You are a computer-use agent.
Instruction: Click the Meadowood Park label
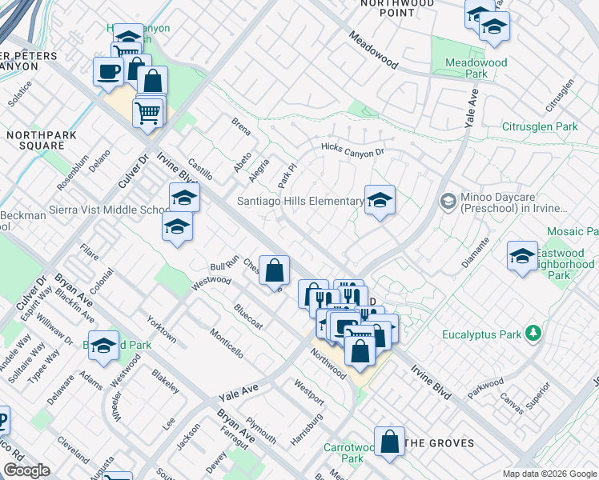465,67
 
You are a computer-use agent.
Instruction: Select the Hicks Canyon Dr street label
352,150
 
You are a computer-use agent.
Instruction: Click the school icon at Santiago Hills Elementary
380,200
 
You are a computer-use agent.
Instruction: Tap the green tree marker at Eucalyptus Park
532,334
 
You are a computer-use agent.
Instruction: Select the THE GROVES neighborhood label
440,443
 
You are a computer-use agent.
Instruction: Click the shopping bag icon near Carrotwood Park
389,442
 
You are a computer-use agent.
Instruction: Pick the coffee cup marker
108,71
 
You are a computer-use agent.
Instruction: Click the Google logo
27,470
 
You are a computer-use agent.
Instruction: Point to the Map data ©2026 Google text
549,474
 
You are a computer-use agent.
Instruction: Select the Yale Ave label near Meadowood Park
469,108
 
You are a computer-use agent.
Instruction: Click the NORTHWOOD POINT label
397,8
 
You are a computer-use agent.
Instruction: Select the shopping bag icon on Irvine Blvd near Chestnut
274,270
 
